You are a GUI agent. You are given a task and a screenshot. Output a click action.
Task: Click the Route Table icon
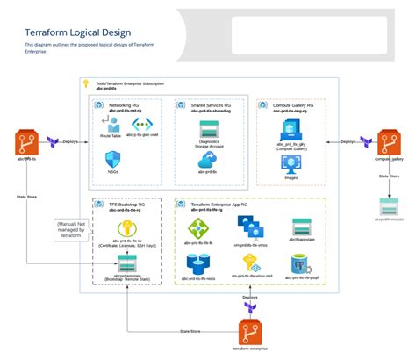(x=111, y=123)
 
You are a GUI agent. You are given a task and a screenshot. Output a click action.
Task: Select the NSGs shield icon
(x=112, y=159)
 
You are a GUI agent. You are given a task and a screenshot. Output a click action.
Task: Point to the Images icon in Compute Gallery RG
(x=291, y=163)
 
